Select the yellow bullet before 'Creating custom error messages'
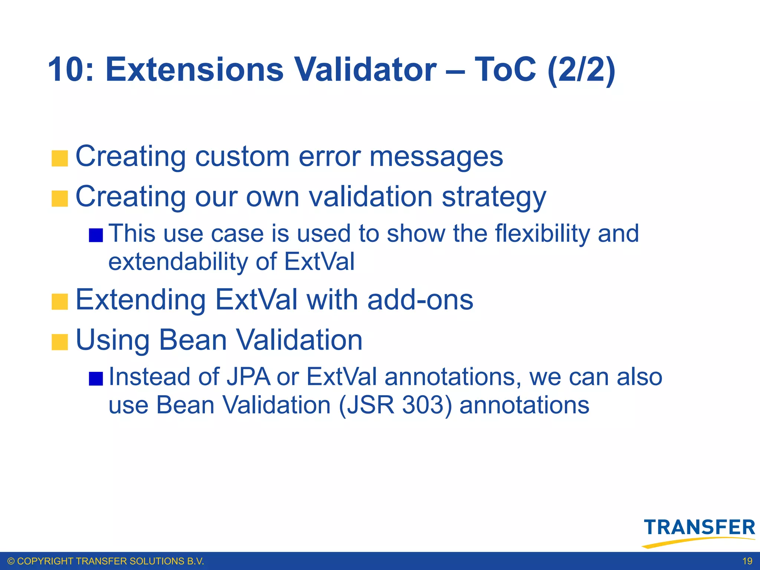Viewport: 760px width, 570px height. (60, 158)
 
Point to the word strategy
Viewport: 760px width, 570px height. (494, 197)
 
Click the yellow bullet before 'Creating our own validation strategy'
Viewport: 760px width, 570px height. (60, 199)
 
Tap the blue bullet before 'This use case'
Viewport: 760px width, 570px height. (96, 235)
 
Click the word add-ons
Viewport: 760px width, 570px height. (420, 300)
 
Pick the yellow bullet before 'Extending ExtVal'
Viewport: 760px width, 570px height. (60, 302)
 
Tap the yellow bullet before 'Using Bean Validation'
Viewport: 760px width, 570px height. (60, 342)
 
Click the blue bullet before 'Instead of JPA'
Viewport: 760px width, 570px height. (96, 379)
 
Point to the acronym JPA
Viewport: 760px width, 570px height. (248, 377)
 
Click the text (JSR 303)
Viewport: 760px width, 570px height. (395, 405)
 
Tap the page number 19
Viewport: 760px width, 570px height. (747, 561)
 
